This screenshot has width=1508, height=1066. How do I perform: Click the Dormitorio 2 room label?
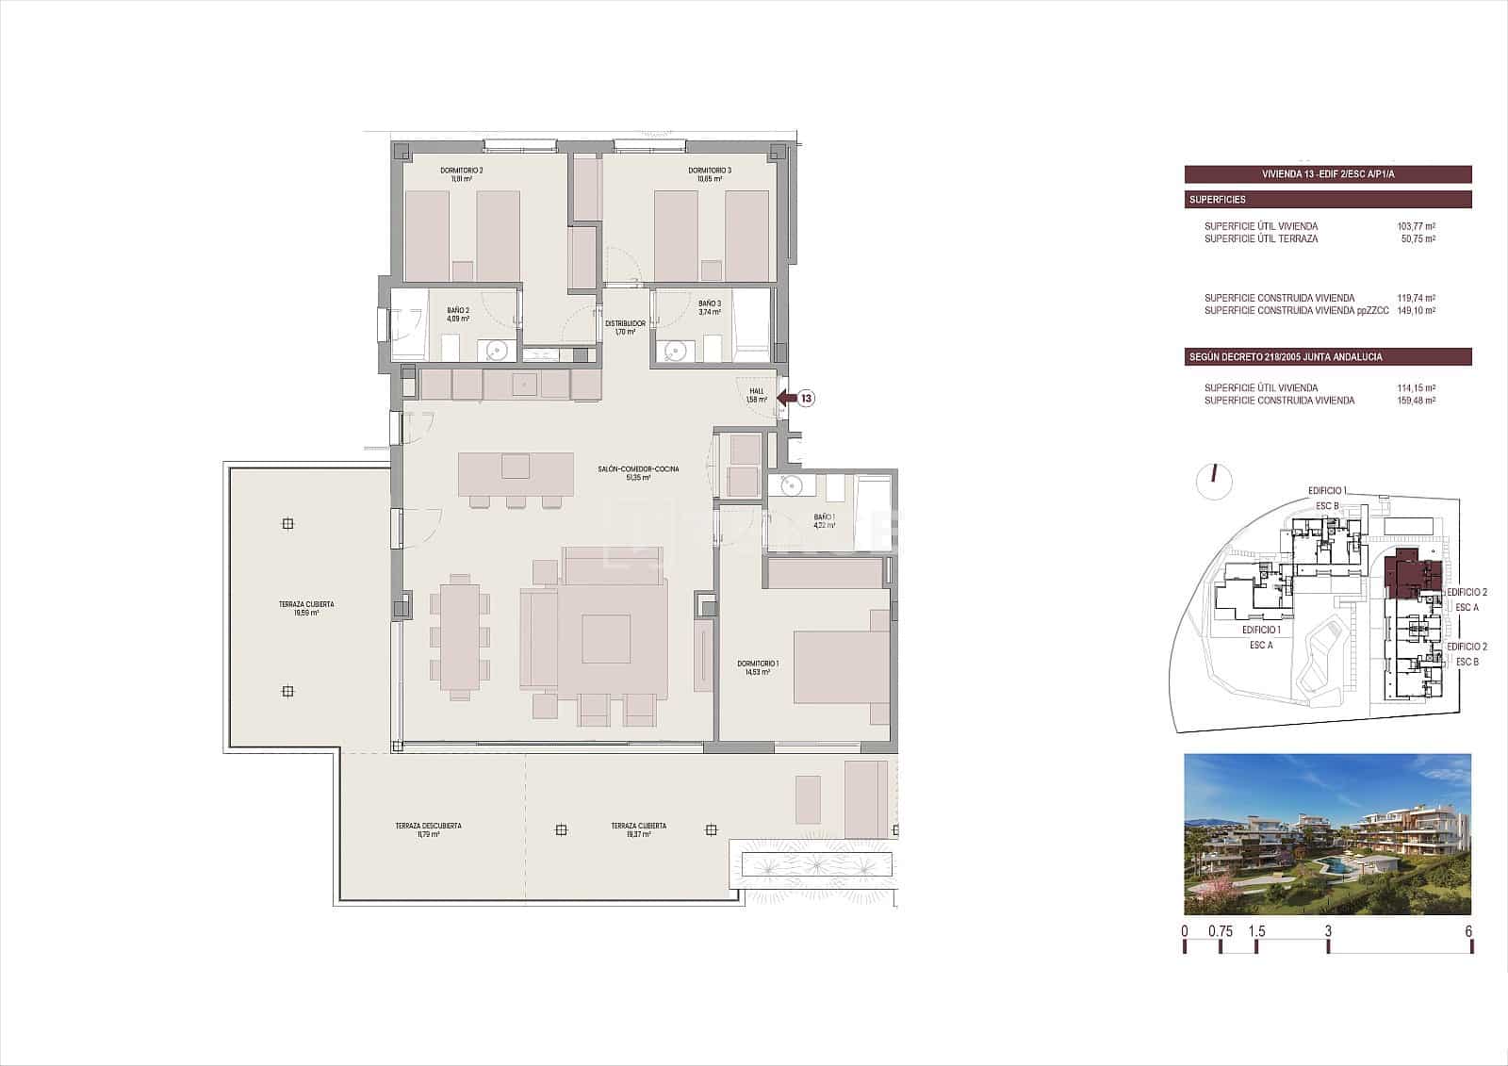(x=461, y=174)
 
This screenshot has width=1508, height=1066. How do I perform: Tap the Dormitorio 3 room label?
(x=710, y=174)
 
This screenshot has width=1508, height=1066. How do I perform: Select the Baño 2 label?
(x=459, y=314)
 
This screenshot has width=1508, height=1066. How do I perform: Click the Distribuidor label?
(x=624, y=327)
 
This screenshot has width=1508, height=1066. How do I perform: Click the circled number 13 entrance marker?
(x=808, y=399)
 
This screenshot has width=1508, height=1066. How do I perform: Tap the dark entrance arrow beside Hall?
(x=786, y=399)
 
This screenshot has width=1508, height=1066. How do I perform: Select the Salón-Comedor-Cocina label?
(x=638, y=473)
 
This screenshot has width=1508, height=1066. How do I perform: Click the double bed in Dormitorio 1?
(x=842, y=667)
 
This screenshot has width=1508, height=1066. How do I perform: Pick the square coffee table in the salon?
(x=605, y=639)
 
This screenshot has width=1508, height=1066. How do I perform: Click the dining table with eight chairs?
(x=460, y=636)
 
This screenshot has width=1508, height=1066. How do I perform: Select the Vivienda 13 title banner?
(x=1327, y=174)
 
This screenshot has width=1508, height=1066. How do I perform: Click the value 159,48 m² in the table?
(x=1416, y=401)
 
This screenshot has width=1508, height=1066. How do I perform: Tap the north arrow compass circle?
(x=1214, y=482)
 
